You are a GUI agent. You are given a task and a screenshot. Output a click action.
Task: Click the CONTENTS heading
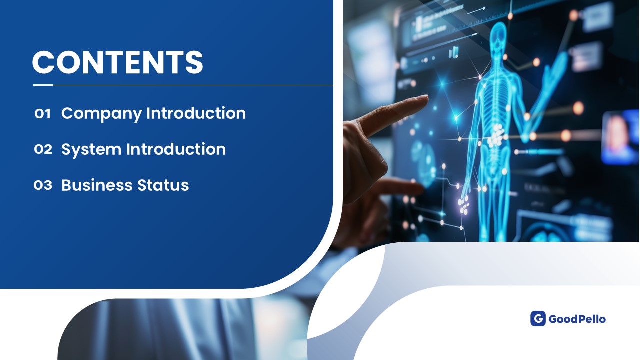click(x=117, y=62)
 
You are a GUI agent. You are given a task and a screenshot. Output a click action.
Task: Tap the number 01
click(x=43, y=113)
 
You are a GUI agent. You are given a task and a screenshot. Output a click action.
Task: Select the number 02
click(x=43, y=149)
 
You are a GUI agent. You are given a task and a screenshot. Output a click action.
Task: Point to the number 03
click(x=43, y=185)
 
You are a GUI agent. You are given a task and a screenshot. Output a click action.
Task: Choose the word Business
click(x=97, y=185)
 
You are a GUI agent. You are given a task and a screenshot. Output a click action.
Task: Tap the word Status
click(x=163, y=185)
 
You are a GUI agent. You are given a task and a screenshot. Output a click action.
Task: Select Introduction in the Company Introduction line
click(x=196, y=113)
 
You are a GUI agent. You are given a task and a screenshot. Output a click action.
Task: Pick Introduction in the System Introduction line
click(x=176, y=149)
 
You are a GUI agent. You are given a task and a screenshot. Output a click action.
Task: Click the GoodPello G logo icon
click(x=538, y=318)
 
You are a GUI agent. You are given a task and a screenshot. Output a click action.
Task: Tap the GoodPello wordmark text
click(x=577, y=319)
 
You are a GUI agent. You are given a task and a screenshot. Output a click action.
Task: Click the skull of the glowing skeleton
click(x=499, y=36)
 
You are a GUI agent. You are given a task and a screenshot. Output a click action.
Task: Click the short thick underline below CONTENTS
click(x=43, y=85)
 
